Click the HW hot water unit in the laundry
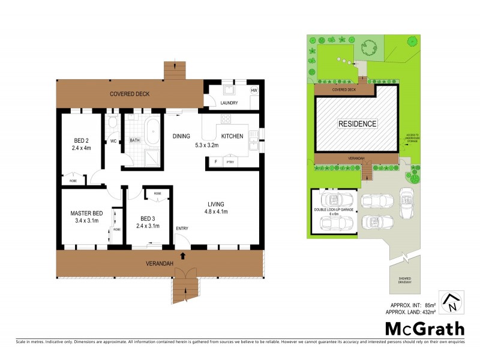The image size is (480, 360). pos(254,91)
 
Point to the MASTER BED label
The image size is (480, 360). pos(86,214)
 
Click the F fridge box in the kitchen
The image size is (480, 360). pos(214,162)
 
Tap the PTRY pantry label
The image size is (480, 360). pos(229,163)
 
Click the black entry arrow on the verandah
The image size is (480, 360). pos(182,257)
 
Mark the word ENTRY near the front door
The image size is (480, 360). pos(182,228)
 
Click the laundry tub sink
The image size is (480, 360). pos(228,91)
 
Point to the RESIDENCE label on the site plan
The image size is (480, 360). pos(358,124)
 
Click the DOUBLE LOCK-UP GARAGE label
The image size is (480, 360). pos(331,211)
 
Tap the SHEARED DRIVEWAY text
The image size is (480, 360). pos(406,280)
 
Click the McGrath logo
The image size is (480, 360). pos(424,328)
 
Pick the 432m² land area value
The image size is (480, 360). pos(455,311)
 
